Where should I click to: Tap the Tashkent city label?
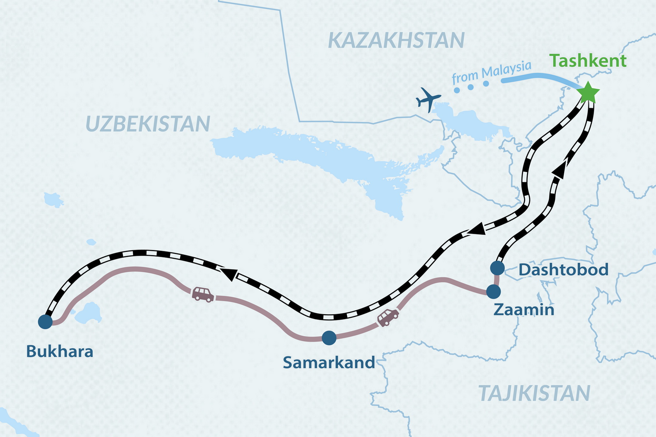pyautogui.click(x=587, y=61)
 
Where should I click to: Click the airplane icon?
pyautogui.click(x=428, y=98)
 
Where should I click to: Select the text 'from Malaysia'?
pyautogui.click(x=491, y=72)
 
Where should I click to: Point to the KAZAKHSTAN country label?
pyautogui.click(x=396, y=40)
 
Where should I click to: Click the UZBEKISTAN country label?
pyautogui.click(x=148, y=124)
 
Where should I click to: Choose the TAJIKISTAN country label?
pyautogui.click(x=534, y=393)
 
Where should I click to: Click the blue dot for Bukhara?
pyautogui.click(x=45, y=322)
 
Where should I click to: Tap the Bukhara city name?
pyautogui.click(x=60, y=352)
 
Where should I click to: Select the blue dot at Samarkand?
pyautogui.click(x=329, y=338)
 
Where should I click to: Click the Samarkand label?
pyautogui.click(x=329, y=363)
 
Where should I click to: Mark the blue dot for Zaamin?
pyautogui.click(x=494, y=291)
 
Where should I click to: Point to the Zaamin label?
pyautogui.click(x=524, y=310)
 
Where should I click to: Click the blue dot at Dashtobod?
pyautogui.click(x=497, y=268)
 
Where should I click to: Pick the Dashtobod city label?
pyautogui.click(x=563, y=270)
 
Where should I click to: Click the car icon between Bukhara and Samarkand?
pyautogui.click(x=203, y=294)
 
